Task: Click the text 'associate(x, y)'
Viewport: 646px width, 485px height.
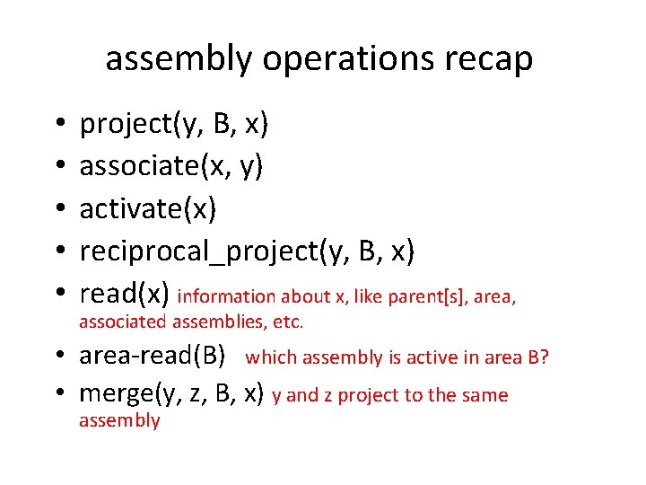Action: click(171, 166)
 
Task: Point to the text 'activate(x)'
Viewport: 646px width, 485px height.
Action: click(148, 208)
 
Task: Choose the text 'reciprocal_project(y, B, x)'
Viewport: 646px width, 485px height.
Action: click(247, 251)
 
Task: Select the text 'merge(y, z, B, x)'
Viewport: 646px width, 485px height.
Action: click(171, 393)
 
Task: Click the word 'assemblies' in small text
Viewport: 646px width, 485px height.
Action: click(214, 322)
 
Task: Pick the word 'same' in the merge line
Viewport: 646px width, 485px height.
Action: click(484, 395)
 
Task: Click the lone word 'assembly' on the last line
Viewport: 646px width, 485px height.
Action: click(119, 420)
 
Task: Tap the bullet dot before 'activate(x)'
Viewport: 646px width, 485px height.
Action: click(57, 209)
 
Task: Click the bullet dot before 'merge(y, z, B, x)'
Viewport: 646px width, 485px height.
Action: click(57, 394)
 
